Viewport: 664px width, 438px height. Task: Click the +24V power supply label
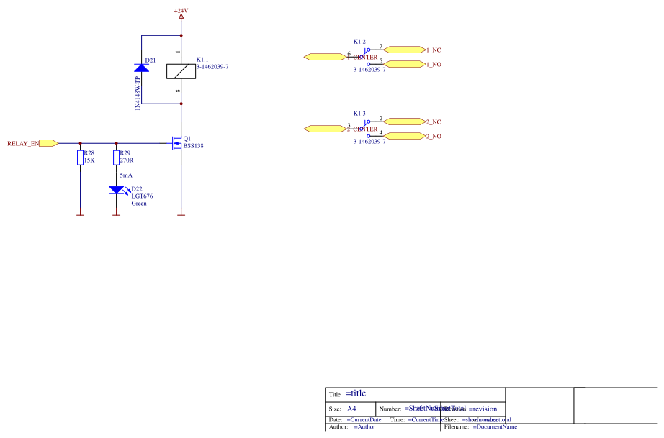click(x=181, y=10)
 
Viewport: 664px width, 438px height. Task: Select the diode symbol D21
click(x=142, y=68)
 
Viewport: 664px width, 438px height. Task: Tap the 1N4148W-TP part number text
click(x=137, y=93)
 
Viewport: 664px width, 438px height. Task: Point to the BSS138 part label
click(x=194, y=145)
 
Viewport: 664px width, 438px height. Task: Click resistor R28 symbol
click(x=80, y=158)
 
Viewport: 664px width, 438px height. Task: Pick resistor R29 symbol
click(x=116, y=158)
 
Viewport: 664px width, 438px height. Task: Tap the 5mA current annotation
click(x=125, y=175)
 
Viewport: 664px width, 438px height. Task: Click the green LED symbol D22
click(x=116, y=190)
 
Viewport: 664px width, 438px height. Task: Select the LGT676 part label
click(x=142, y=196)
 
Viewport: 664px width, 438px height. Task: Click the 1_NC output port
click(x=405, y=50)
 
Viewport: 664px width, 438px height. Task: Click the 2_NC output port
click(x=405, y=122)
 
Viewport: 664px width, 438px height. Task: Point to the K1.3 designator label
click(x=359, y=114)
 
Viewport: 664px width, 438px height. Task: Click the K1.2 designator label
click(x=359, y=42)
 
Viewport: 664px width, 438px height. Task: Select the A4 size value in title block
click(x=351, y=409)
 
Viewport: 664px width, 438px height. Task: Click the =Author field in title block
click(x=364, y=427)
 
